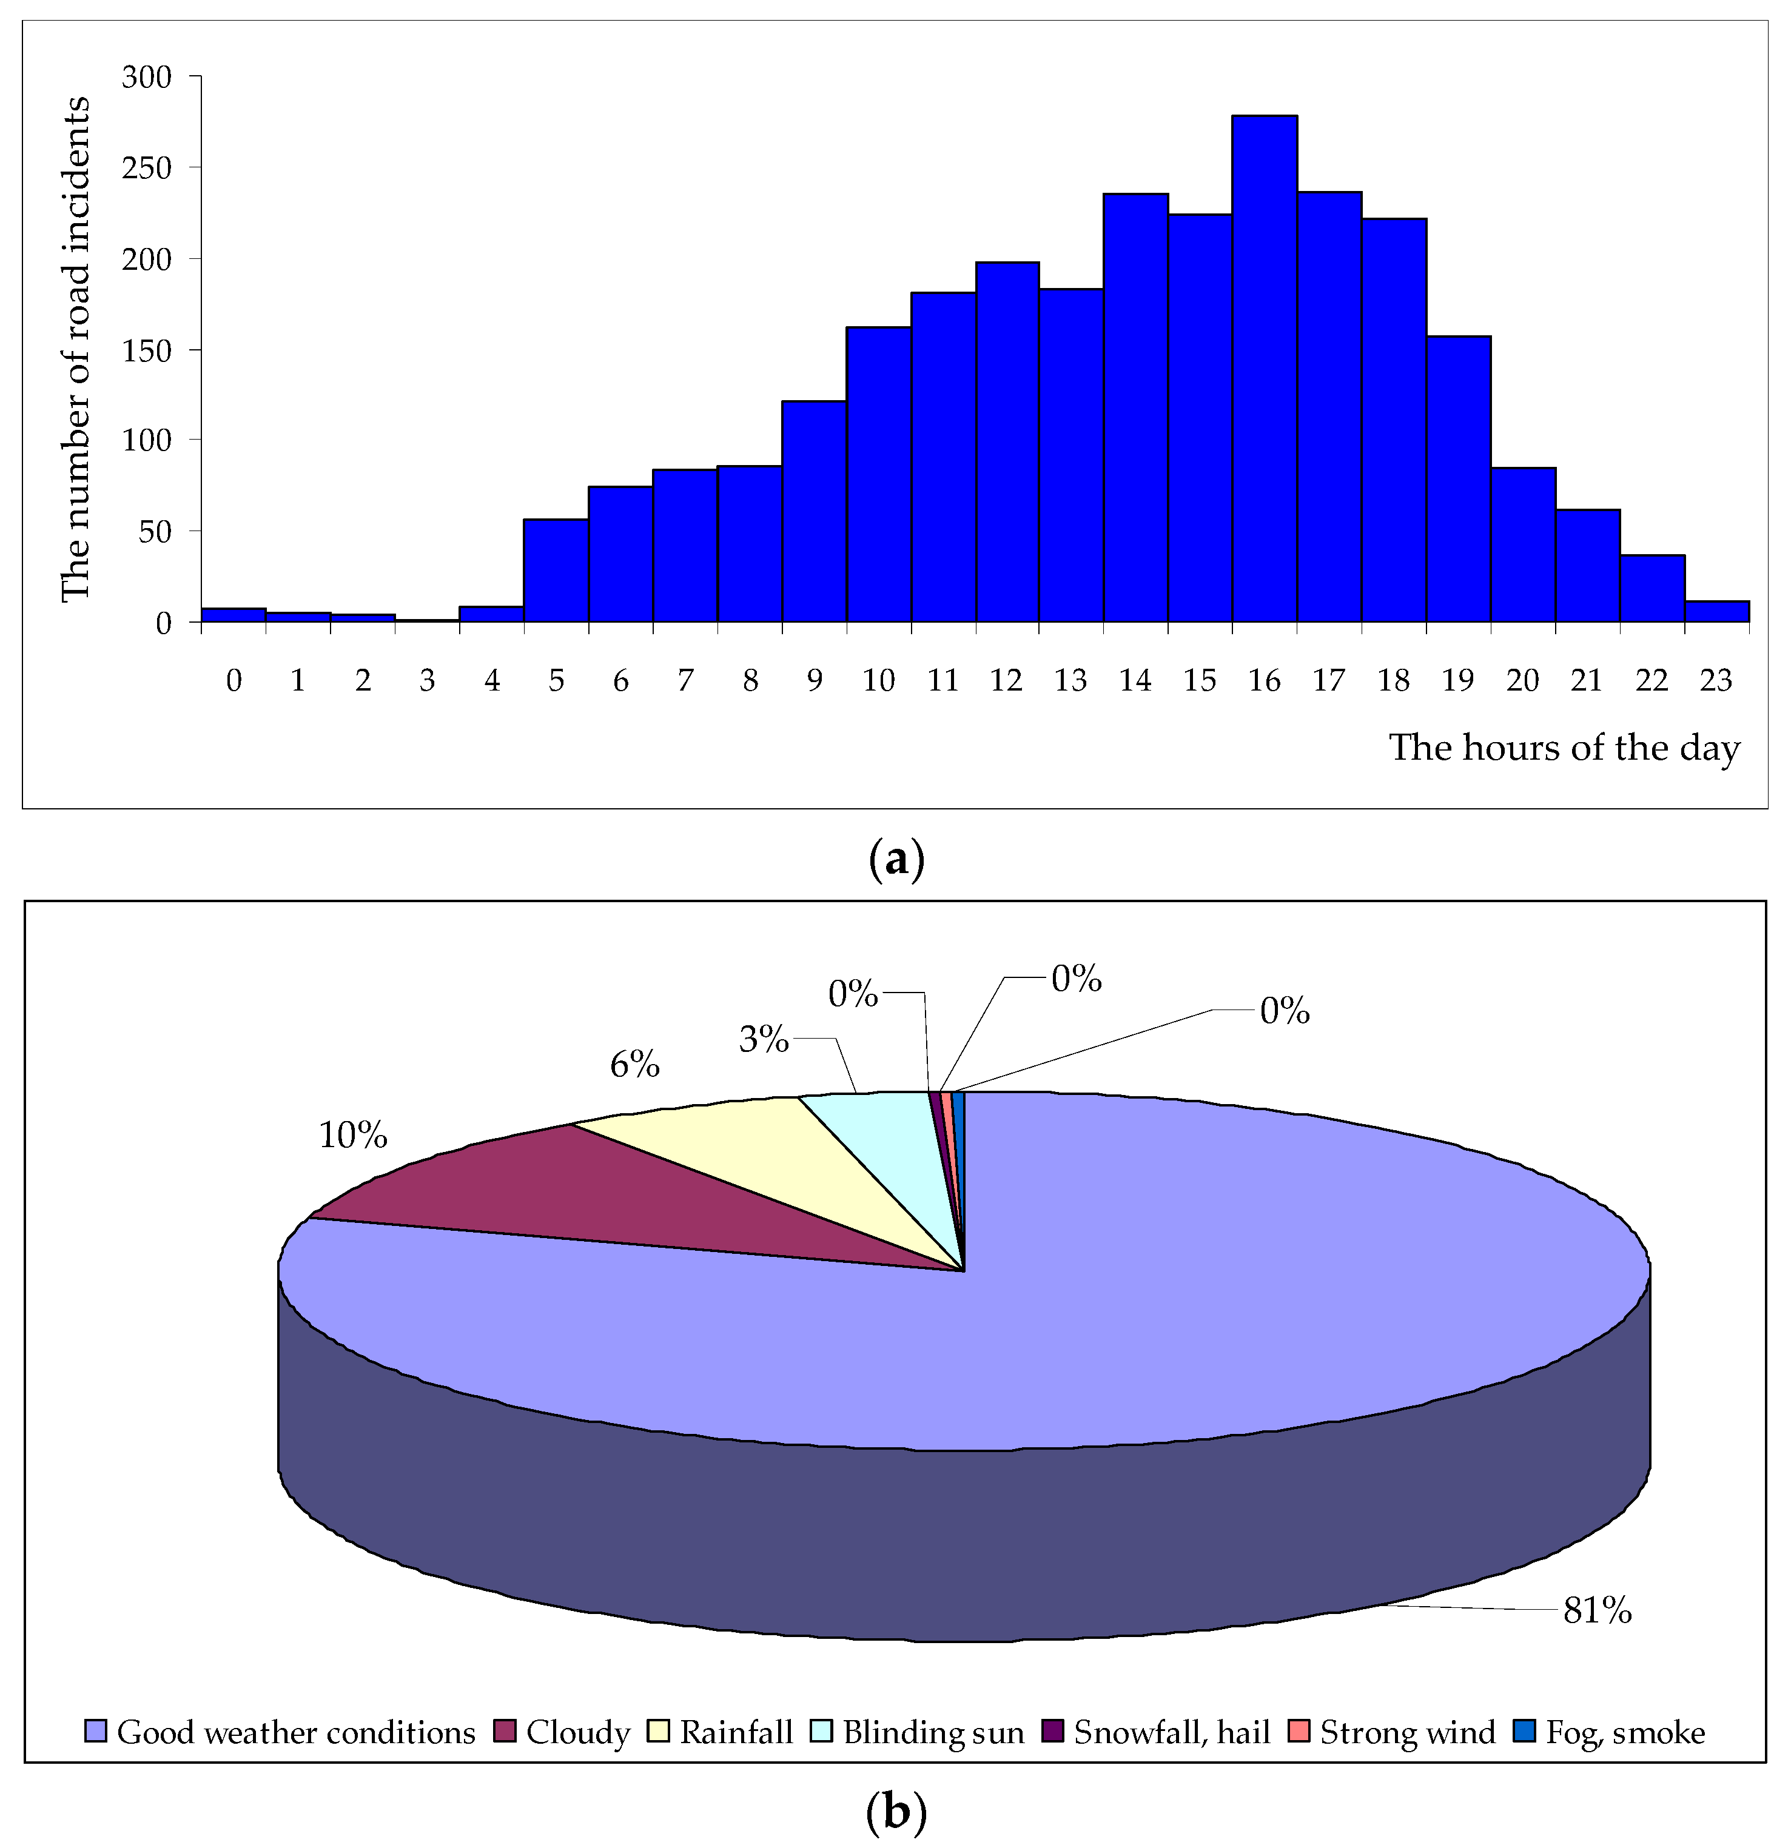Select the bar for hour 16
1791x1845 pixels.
(x=1265, y=369)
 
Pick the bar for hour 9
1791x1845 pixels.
(x=813, y=511)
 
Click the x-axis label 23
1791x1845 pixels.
(x=1716, y=680)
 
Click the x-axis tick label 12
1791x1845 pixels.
(x=1006, y=680)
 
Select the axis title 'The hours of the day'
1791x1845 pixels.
(x=1564, y=748)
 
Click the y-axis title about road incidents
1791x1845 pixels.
(x=75, y=348)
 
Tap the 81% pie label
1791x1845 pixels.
(x=1597, y=1610)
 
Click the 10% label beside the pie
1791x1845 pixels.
(x=353, y=1135)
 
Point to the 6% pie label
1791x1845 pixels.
(x=634, y=1065)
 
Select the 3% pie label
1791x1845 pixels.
(x=764, y=1039)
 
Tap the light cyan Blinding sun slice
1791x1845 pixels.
(x=885, y=1130)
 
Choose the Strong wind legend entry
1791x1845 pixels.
(x=1394, y=1732)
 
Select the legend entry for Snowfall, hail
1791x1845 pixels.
(x=1158, y=1732)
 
